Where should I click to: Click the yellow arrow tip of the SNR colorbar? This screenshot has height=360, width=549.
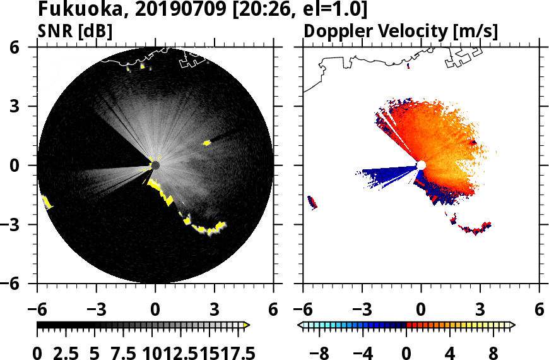pyautogui.click(x=247, y=325)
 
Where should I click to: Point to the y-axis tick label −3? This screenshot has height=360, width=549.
pyautogui.click(x=23, y=225)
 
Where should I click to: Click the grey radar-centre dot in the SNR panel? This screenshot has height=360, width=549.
pyautogui.click(x=155, y=165)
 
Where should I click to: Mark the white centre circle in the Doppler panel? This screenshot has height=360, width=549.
pyautogui.click(x=421, y=165)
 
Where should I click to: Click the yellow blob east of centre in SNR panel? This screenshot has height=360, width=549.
pyautogui.click(x=206, y=143)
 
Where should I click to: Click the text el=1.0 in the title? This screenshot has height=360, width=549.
pyautogui.click(x=331, y=10)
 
